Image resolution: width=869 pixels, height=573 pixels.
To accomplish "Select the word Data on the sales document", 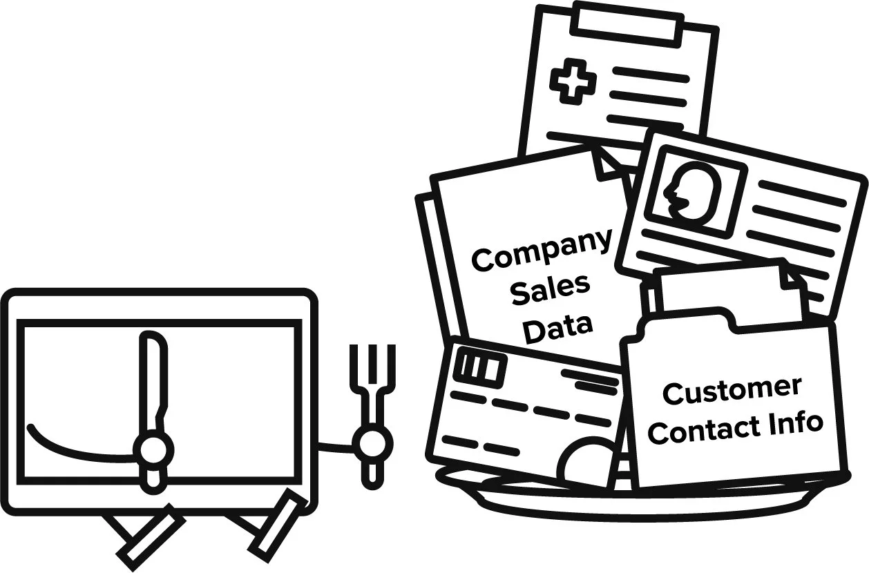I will point(557,326).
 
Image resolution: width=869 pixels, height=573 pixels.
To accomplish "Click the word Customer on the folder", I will point(732,391).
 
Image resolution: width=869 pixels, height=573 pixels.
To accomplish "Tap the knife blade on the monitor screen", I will point(153,380).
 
